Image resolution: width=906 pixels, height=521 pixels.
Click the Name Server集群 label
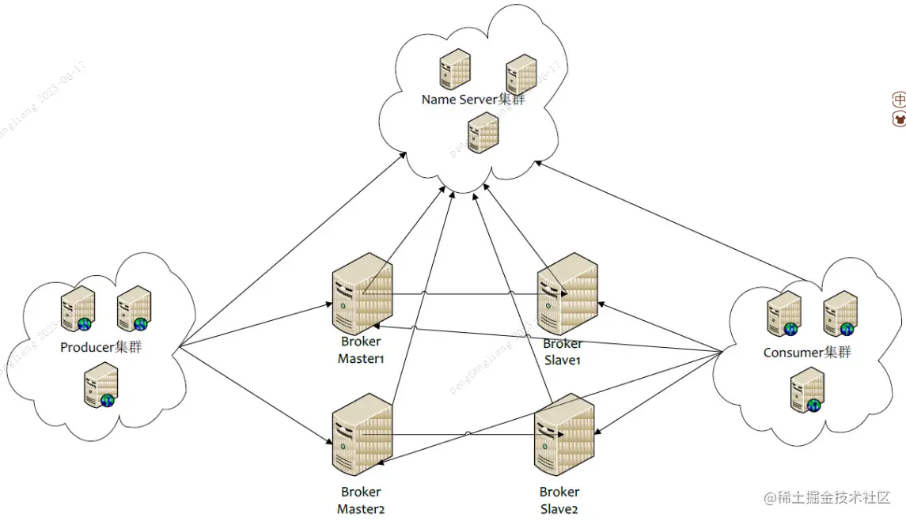tap(472, 100)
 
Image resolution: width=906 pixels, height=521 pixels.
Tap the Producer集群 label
tap(101, 347)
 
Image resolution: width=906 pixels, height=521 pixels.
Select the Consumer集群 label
tap(806, 352)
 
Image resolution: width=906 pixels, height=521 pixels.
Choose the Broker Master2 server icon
tap(362, 434)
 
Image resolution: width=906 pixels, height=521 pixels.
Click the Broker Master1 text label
tap(361, 350)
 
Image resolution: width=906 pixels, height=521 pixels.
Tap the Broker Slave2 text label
tap(559, 500)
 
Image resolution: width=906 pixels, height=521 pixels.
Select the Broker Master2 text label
tap(361, 500)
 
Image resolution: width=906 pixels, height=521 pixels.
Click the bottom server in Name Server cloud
tap(483, 133)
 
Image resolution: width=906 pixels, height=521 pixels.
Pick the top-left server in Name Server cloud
tap(455, 70)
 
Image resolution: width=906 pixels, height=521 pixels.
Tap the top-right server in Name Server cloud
tap(521, 75)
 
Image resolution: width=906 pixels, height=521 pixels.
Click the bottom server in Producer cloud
tap(100, 385)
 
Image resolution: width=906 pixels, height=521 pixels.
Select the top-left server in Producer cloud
tap(78, 309)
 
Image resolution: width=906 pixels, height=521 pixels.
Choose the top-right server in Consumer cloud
tap(840, 314)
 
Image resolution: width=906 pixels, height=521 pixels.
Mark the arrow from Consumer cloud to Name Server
tap(673, 221)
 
